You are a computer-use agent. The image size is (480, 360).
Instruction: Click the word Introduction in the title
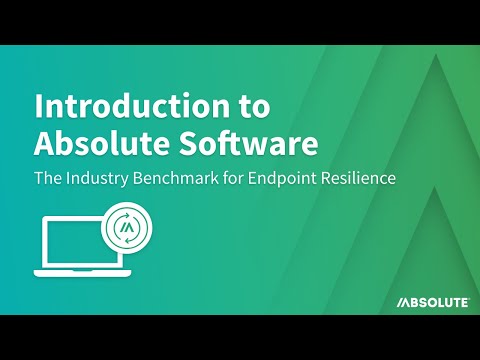point(127,106)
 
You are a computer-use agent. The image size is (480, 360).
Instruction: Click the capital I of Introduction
point(39,106)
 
